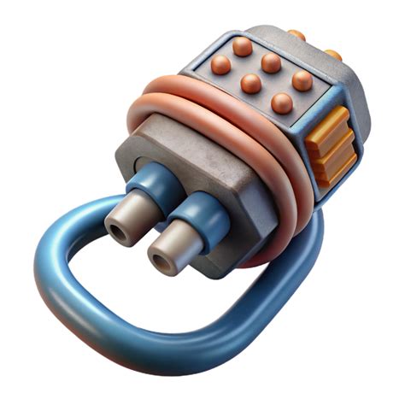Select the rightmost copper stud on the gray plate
[x=302, y=79]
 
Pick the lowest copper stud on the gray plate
[x=282, y=103]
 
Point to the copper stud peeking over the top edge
[x=296, y=35]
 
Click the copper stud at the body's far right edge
[x=334, y=56]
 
